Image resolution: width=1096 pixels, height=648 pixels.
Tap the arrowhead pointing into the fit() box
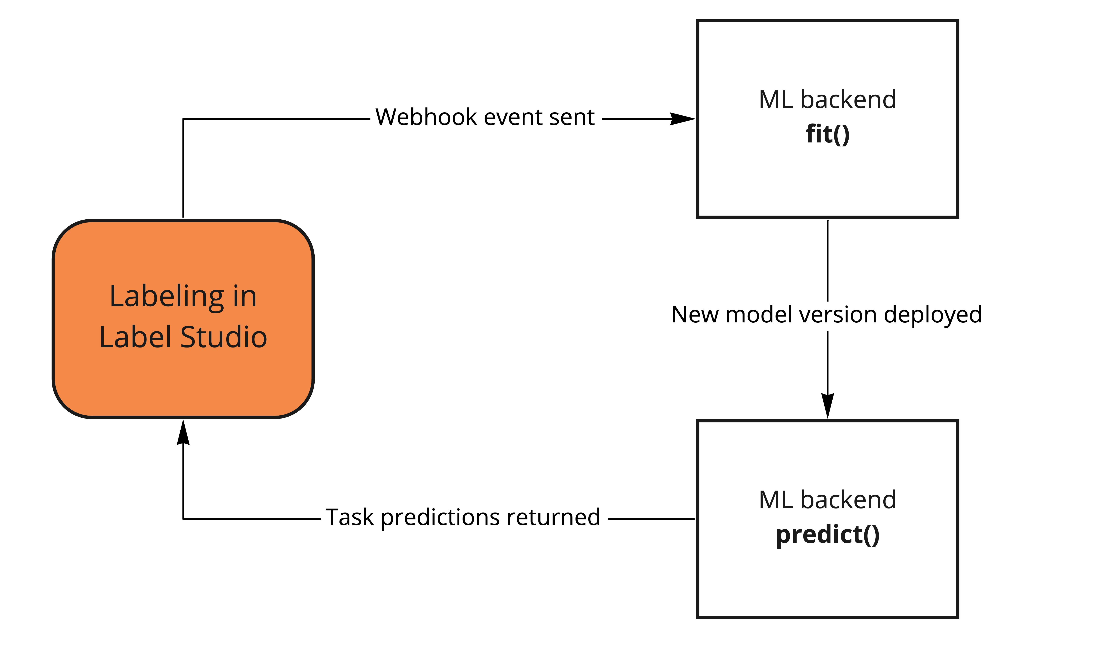[x=682, y=119]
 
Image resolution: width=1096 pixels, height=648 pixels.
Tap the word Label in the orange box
[x=135, y=338]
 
